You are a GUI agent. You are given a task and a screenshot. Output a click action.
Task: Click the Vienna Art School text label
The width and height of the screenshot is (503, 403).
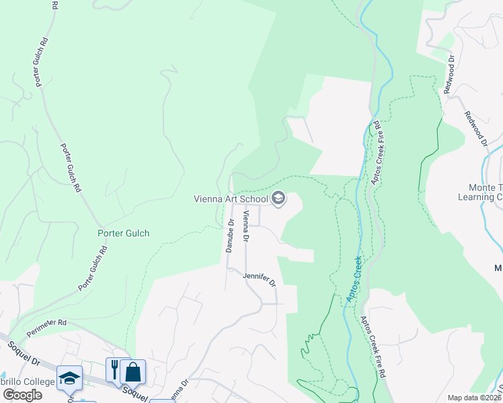click(x=230, y=199)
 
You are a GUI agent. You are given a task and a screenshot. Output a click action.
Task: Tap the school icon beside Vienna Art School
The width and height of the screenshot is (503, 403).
click(x=278, y=198)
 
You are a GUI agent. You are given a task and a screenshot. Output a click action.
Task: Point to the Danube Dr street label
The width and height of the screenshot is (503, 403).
click(x=230, y=236)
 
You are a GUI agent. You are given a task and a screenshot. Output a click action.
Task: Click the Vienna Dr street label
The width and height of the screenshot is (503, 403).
click(x=247, y=226)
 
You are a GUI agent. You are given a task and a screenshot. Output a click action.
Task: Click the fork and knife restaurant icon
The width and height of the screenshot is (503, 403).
click(x=114, y=370)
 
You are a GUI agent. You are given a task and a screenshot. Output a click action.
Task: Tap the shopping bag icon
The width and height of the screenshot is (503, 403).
click(x=133, y=371)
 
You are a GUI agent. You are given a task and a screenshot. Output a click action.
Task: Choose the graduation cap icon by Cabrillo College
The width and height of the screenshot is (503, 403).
click(x=69, y=377)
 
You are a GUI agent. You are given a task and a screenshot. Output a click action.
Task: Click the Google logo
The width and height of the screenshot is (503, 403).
click(x=22, y=395)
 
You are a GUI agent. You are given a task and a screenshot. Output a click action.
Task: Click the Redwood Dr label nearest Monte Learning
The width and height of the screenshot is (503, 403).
click(x=475, y=128)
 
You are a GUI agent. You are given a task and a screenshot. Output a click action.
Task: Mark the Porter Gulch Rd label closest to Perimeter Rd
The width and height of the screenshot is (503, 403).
click(x=93, y=269)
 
